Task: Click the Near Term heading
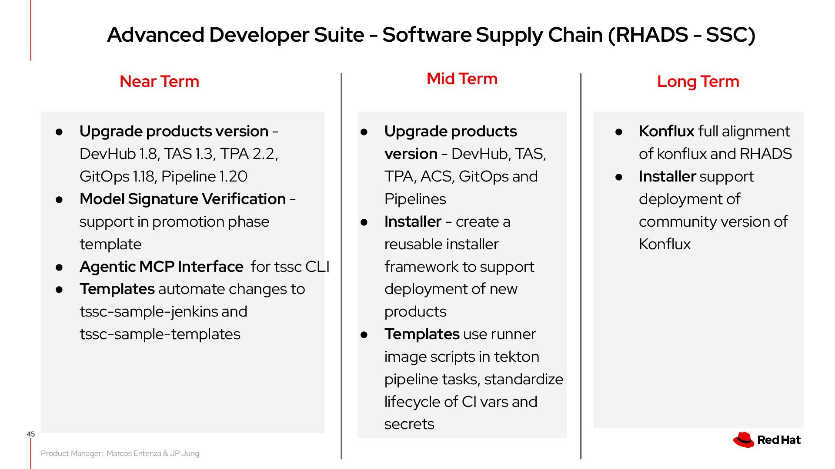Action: [x=159, y=82]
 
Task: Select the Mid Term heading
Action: [x=462, y=79]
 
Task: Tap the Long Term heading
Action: [x=698, y=82]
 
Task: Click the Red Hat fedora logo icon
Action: [x=744, y=439]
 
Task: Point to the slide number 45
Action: [x=30, y=434]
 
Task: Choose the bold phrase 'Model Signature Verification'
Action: [x=183, y=199]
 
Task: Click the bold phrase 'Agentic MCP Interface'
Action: [x=161, y=267]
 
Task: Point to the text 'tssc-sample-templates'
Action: [x=160, y=334]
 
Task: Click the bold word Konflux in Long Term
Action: [x=666, y=131]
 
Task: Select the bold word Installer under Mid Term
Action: [x=413, y=221]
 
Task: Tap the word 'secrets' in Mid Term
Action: [x=409, y=424]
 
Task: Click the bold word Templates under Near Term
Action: [x=117, y=289]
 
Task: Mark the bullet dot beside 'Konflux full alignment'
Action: [x=619, y=132]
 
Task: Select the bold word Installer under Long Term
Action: [x=667, y=176]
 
